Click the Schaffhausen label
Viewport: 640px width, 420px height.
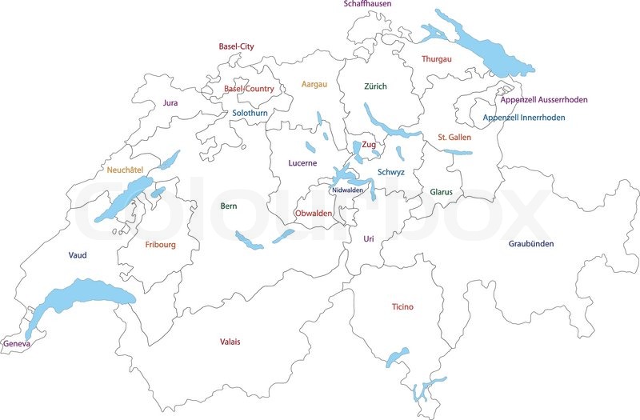(369, 4)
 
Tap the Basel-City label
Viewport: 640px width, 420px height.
(236, 47)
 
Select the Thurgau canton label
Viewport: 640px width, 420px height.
(437, 59)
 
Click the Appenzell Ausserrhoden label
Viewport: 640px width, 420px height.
(544, 100)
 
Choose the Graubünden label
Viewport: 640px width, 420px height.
(531, 244)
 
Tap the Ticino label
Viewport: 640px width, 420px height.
(402, 307)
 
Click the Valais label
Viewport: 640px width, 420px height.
(230, 342)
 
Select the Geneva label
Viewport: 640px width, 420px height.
(16, 344)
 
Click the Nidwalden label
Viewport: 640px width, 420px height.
(347, 190)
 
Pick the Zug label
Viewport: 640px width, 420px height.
(368, 145)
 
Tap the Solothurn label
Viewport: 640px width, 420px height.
(250, 114)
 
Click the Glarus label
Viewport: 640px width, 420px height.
(441, 193)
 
